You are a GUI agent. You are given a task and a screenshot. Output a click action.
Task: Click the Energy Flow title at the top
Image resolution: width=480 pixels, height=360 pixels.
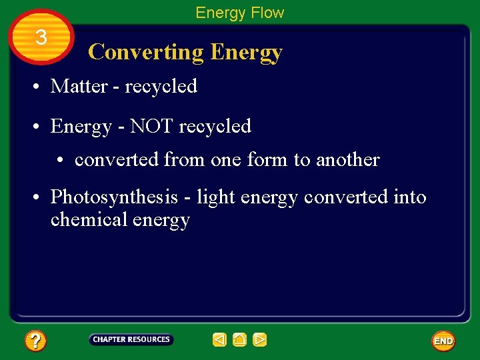coord(239,13)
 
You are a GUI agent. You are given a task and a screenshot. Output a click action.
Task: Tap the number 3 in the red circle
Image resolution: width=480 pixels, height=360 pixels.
coord(41,38)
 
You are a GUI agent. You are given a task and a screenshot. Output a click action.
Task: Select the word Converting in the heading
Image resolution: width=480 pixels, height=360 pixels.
coord(146,52)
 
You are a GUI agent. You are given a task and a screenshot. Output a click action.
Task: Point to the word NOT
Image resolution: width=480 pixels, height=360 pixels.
coord(149,126)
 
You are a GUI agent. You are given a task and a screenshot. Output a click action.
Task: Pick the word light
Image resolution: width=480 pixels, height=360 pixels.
coord(211,197)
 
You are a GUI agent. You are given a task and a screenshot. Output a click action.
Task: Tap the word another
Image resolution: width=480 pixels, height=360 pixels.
coord(347,160)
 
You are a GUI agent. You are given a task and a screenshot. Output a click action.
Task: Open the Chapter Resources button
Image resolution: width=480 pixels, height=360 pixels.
coord(131,340)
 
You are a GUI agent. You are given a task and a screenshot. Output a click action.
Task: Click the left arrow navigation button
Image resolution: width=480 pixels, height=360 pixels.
coord(219,340)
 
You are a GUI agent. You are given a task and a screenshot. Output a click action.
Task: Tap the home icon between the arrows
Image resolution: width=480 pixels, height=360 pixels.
coord(239,340)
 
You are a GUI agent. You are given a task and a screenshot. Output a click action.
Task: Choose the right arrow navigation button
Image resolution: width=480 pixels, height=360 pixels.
coord(260,340)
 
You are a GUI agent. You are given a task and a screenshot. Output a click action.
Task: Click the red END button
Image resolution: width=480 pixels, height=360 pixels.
coord(443,341)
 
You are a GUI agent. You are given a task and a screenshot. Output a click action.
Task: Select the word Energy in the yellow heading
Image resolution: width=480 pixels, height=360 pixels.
coord(246,52)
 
